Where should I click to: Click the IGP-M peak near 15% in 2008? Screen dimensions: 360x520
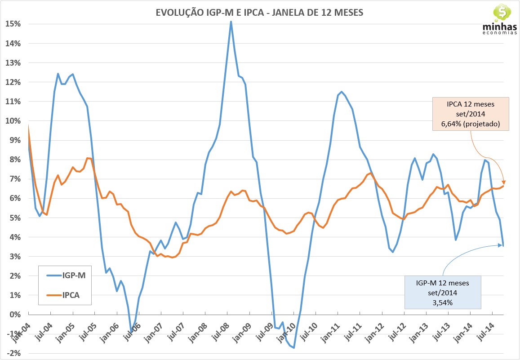point(231,22)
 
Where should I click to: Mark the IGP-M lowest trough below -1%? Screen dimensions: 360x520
point(294,347)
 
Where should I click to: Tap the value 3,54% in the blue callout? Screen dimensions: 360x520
point(443,303)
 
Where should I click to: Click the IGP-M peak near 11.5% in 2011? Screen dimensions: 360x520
point(342,92)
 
